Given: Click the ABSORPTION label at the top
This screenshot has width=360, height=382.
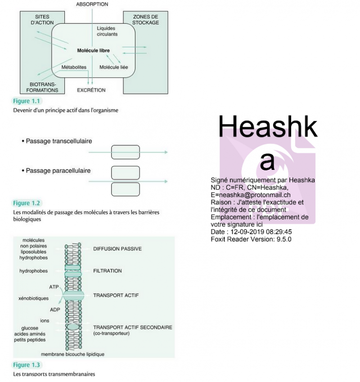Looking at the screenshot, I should tap(92, 4).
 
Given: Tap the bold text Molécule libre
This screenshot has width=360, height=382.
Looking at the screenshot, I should tap(93, 50).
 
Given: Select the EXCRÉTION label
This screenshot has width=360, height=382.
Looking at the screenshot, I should tap(91, 90).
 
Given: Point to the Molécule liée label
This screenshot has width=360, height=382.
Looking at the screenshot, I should tap(113, 67).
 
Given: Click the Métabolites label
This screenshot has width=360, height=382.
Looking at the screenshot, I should tap(74, 67).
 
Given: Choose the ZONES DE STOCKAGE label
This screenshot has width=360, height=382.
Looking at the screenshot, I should tap(146, 20).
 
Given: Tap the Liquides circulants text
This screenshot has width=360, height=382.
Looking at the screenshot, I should tap(107, 31).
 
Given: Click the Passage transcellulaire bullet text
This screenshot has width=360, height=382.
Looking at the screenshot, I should tap(59, 141).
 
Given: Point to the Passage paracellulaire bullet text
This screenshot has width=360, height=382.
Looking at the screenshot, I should tap(58, 171).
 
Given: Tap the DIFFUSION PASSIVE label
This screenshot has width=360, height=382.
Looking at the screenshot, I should tap(117, 249).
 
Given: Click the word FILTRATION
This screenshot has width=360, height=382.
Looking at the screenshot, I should tap(108, 271).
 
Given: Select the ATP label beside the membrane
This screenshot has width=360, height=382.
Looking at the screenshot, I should tap(54, 286).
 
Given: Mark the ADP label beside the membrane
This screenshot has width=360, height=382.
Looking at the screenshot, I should tap(55, 310).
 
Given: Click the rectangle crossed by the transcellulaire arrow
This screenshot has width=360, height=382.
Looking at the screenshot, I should tap(125, 152).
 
